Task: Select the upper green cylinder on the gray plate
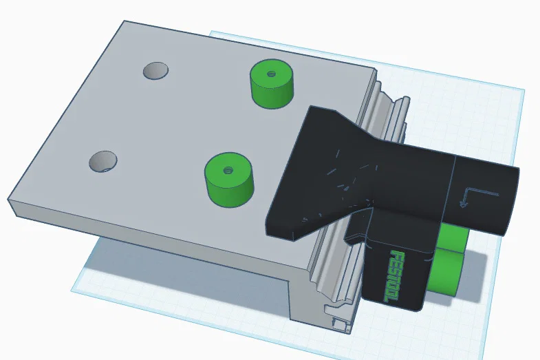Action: point(272,84)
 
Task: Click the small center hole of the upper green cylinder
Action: point(271,72)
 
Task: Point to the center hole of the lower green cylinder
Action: point(228,167)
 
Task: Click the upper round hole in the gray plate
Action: point(155,70)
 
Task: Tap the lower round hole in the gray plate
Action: point(103,160)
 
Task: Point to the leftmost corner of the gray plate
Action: point(9,200)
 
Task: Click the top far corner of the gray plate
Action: point(124,21)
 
